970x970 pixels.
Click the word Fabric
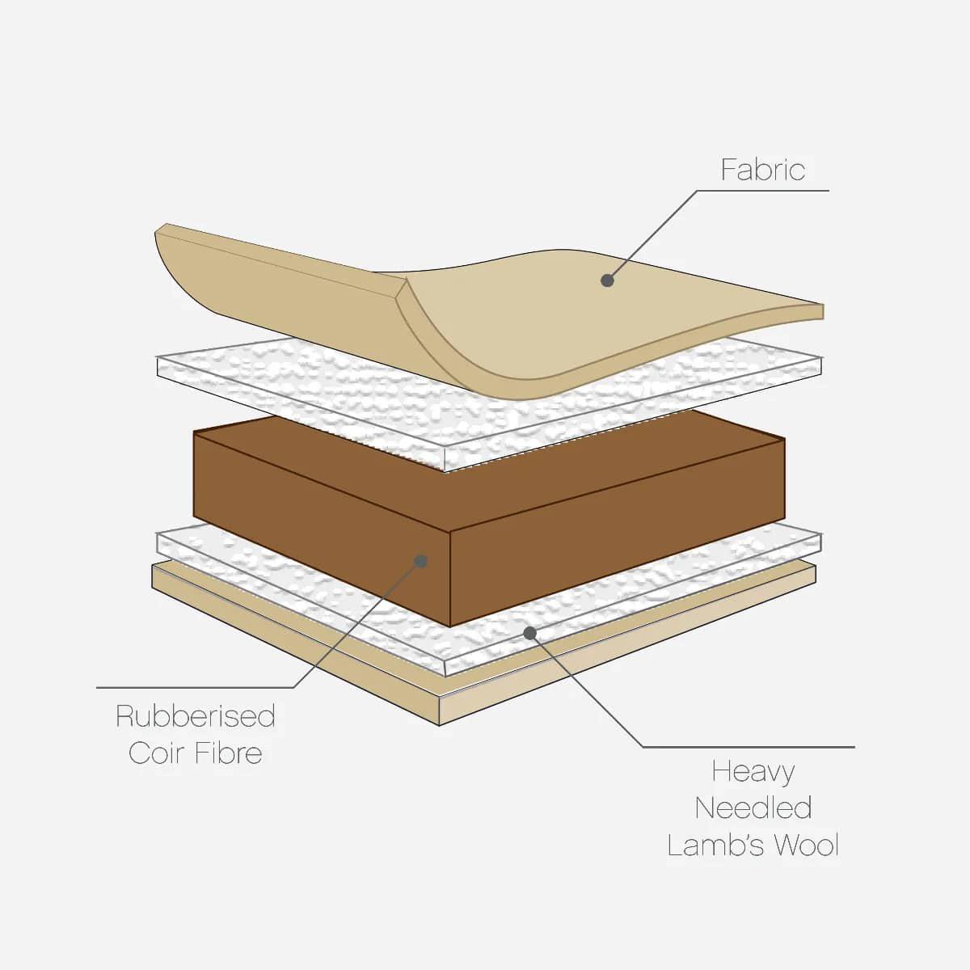[x=762, y=170]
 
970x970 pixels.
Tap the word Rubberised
[x=196, y=716]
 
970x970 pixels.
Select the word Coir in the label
[x=154, y=753]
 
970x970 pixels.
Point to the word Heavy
[x=753, y=773]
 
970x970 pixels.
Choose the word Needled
[x=753, y=808]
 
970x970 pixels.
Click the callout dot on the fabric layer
[x=608, y=280]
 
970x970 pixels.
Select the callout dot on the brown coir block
[x=421, y=561]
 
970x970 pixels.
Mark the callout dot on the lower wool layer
[x=529, y=633]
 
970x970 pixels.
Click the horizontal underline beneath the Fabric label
[x=762, y=191]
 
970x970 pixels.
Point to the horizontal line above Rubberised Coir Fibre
[x=195, y=687]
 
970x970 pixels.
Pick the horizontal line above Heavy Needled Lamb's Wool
[x=749, y=747]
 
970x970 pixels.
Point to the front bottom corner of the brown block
[x=449, y=626]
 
